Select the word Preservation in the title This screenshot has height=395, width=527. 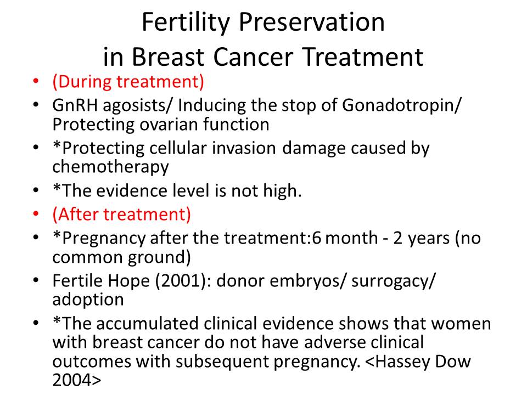[312, 22]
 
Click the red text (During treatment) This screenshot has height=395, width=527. [128, 82]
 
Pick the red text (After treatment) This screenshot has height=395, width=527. [122, 215]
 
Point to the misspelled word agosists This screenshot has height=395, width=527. [138, 106]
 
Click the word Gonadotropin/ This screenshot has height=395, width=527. [402, 106]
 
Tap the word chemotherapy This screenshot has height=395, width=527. [110, 167]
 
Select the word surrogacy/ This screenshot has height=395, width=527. [393, 281]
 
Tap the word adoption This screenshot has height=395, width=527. [88, 300]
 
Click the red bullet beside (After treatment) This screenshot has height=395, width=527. [36, 215]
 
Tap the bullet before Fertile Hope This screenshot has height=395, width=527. [36, 280]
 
